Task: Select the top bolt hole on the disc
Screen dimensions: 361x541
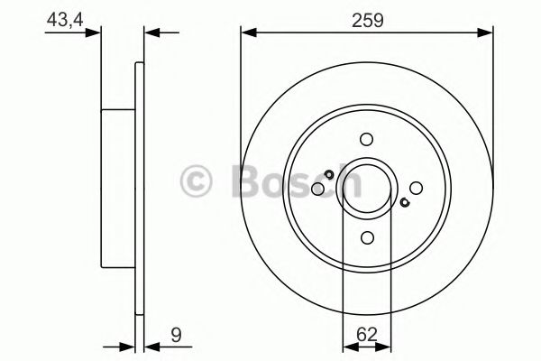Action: (366, 139)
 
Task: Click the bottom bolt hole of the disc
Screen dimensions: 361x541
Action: (366, 237)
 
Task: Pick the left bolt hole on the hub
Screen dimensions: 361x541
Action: (317, 189)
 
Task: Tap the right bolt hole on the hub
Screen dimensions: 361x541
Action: (416, 188)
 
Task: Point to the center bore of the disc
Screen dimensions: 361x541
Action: (366, 188)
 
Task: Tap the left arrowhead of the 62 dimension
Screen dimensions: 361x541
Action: (349, 344)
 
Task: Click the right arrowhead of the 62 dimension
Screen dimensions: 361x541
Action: (383, 344)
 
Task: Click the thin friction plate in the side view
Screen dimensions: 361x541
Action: (140, 190)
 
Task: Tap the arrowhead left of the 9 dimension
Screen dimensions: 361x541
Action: (128, 344)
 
